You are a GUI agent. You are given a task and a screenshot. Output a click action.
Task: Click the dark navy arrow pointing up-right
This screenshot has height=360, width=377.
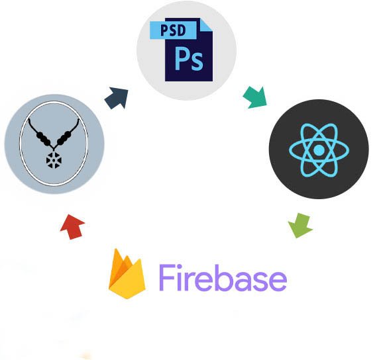(117, 98)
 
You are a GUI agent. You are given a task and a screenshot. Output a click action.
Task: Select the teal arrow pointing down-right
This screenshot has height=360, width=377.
(255, 97)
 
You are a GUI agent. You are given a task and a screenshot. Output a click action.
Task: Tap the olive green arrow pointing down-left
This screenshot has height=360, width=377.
(300, 225)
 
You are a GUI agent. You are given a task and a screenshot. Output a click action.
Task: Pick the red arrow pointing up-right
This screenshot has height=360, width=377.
(72, 227)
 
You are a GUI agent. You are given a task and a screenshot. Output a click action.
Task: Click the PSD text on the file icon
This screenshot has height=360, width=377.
(173, 30)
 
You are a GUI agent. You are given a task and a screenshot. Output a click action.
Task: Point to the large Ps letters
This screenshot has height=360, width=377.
(189, 58)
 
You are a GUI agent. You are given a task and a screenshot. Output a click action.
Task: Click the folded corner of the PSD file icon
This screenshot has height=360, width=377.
(206, 24)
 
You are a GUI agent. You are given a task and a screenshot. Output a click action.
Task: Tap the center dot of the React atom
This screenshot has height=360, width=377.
(319, 150)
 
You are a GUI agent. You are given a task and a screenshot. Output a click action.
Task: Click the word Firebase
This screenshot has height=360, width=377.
(223, 278)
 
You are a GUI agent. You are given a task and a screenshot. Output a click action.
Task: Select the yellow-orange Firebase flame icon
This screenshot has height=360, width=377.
(127, 274)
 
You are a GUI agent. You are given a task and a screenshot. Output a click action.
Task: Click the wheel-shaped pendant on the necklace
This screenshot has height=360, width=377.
(54, 159)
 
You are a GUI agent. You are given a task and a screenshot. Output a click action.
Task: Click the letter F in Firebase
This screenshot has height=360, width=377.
(167, 277)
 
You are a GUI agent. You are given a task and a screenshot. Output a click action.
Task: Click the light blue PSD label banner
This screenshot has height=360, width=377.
(174, 30)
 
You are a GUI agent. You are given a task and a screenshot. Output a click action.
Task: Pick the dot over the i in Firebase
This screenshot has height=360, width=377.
(182, 267)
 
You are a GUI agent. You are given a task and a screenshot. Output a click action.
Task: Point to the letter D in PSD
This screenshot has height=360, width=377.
(182, 30)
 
